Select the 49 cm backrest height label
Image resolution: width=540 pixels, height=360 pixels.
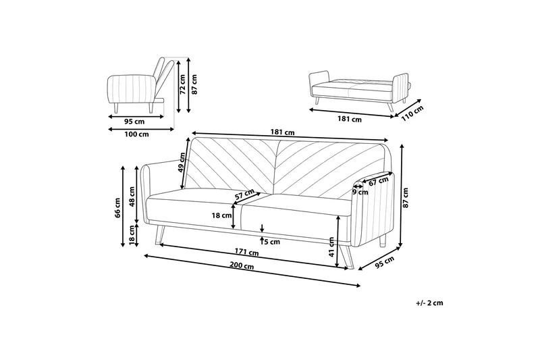click(182, 162)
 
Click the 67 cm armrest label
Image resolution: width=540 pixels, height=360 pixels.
click(379, 180)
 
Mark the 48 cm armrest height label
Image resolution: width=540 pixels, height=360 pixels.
click(133, 197)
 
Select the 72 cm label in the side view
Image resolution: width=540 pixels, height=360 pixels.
click(182, 88)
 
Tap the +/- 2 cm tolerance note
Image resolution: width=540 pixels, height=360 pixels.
click(430, 305)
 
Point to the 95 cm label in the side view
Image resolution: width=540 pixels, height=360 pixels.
click(134, 122)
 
